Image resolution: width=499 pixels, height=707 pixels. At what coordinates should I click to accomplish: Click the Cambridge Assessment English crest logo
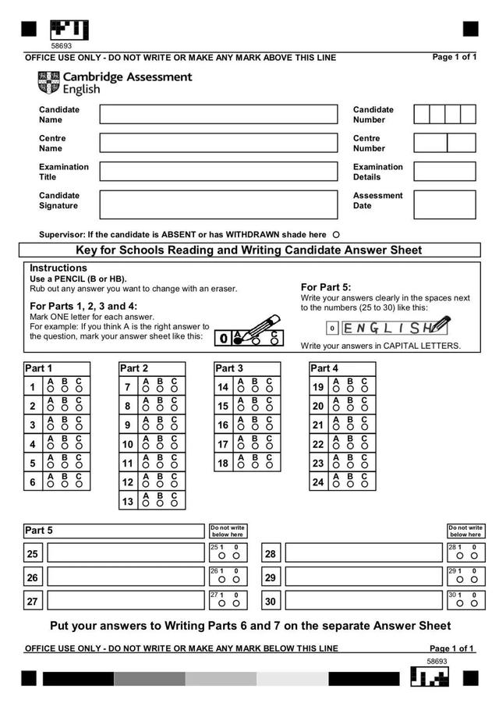click(48, 82)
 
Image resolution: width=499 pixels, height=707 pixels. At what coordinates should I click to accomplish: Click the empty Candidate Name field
click(218, 115)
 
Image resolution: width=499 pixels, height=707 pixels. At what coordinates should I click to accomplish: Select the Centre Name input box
click(218, 143)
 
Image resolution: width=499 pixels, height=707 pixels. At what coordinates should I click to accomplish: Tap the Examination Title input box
click(218, 172)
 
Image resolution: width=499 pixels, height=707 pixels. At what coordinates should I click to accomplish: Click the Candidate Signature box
click(218, 204)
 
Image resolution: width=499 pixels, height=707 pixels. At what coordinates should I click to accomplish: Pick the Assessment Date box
click(444, 204)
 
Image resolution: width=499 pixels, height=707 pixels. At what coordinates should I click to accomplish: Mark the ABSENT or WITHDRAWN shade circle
click(336, 234)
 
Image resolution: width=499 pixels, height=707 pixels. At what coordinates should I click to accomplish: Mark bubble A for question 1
click(51, 388)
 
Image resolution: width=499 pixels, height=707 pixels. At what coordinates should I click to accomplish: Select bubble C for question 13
click(175, 503)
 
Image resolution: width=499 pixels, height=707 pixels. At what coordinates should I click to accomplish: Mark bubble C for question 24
click(365, 484)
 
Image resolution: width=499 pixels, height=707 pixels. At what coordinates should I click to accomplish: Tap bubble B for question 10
click(160, 446)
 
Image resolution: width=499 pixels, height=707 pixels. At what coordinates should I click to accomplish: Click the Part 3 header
click(230, 368)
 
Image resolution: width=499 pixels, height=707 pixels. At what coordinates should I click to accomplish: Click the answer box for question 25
click(125, 553)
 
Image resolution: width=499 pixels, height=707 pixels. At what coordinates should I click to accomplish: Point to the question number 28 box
click(271, 554)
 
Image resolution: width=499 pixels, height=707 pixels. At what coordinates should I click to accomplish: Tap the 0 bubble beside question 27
click(236, 603)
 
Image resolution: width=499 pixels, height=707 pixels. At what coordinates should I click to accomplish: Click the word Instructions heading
click(58, 268)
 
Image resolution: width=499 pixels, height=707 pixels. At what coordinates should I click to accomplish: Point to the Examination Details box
click(444, 172)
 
